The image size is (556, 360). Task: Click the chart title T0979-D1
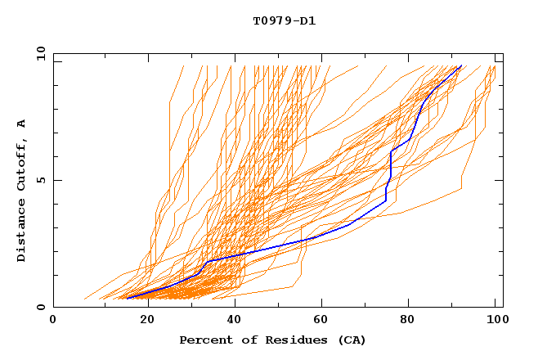(x=284, y=20)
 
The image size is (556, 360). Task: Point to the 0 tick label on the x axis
(x=53, y=320)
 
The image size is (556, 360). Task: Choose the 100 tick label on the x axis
(x=495, y=320)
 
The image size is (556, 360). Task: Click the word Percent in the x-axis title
(x=204, y=340)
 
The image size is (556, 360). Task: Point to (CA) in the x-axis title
(x=349, y=340)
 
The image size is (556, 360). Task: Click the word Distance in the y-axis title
(x=21, y=231)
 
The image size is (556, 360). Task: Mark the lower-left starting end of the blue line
(x=128, y=298)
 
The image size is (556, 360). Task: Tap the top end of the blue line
(x=461, y=65)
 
